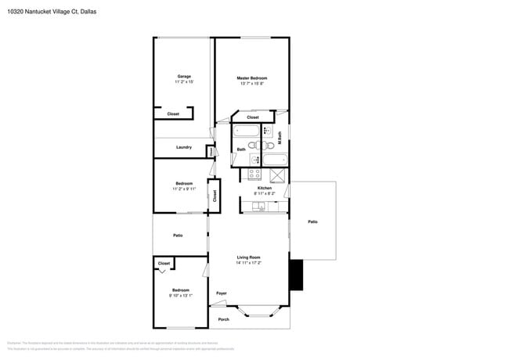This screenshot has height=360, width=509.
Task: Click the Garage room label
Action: click(184, 77)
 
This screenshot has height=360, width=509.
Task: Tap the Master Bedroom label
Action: click(253, 78)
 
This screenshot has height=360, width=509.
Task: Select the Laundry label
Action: click(184, 147)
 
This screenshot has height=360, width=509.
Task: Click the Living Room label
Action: click(249, 257)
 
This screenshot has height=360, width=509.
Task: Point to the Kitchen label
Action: click(265, 189)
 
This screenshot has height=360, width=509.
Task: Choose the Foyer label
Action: click(222, 293)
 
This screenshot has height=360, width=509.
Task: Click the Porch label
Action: click(223, 319)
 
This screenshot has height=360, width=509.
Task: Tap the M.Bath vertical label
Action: click(280, 139)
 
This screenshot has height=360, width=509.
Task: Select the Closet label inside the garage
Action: click(173, 114)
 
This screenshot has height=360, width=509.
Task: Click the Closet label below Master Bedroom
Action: click(253, 117)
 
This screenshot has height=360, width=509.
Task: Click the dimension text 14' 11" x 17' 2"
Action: click(249, 263)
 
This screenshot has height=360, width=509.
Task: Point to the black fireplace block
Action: click(295, 275)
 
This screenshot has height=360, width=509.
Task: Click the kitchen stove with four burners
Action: click(254, 174)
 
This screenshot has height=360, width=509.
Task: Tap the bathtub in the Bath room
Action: click(245, 131)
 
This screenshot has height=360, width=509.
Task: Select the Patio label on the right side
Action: click(312, 222)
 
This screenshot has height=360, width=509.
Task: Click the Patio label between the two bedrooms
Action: click(179, 235)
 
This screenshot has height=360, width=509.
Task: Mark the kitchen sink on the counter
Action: click(259, 207)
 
